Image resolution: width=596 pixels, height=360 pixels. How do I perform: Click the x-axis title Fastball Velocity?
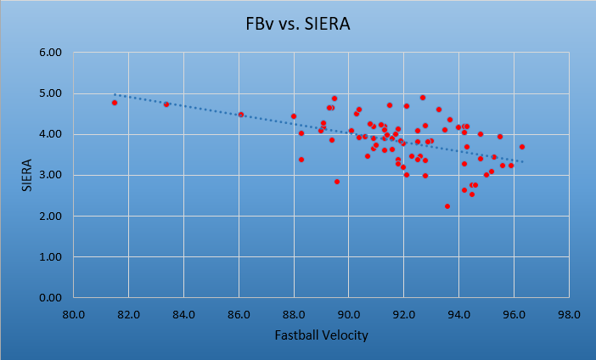pyautogui.click(x=321, y=335)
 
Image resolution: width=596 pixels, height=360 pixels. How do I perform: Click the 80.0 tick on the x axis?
pyautogui.click(x=74, y=314)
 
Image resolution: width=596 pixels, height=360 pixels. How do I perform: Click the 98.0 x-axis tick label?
pyautogui.click(x=569, y=314)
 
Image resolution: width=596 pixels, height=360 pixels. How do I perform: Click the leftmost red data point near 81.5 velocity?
pyautogui.click(x=115, y=103)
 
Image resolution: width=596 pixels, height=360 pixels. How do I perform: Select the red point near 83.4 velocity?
pyautogui.click(x=166, y=104)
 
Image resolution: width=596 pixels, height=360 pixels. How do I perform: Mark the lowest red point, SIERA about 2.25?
pyautogui.click(x=447, y=206)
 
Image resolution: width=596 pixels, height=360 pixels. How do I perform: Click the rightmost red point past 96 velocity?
pyautogui.click(x=522, y=147)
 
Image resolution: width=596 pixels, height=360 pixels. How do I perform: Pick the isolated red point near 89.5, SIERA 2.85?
pyautogui.click(x=337, y=182)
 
